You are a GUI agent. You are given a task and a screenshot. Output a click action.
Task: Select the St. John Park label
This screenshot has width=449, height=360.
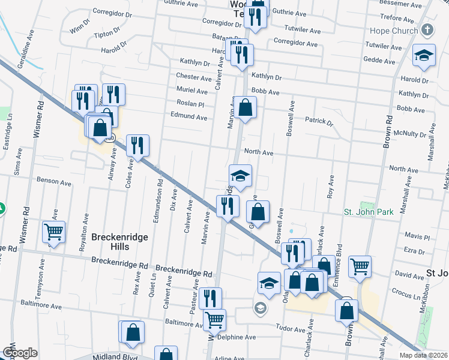(368, 212)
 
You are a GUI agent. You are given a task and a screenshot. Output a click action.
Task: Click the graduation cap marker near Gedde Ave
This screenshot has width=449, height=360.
(424, 56)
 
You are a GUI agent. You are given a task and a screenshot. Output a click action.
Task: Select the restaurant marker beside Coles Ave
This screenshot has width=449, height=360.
(137, 145)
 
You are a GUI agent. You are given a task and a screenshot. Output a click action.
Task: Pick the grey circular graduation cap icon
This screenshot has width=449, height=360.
(260, 309)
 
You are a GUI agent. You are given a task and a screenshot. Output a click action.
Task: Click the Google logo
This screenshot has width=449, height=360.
(20, 353)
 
